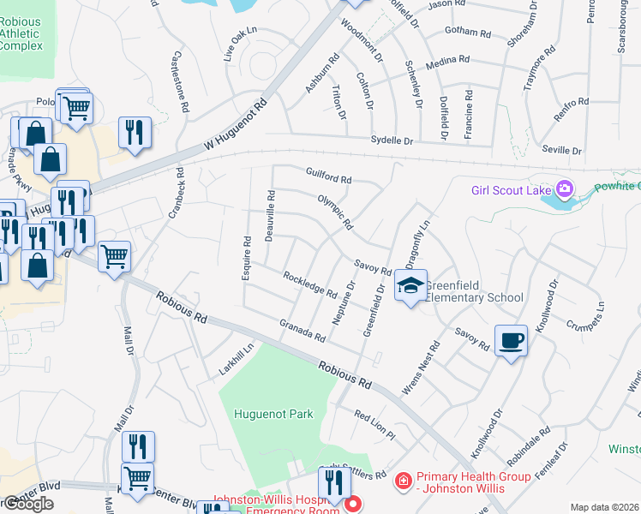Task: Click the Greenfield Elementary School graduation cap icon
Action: pos(410,284)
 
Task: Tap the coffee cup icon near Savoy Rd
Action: pos(511,340)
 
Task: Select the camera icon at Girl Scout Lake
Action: pos(565,188)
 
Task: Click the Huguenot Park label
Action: pos(273,414)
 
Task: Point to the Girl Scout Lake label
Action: pos(512,189)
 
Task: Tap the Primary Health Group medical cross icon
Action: pos(404,481)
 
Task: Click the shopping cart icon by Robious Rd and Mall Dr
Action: pos(114,255)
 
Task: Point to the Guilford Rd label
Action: pos(329,176)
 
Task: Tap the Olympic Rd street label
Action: pos(336,211)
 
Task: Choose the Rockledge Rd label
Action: pos(309,284)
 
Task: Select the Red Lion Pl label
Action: pos(374,424)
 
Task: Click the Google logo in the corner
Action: pos(27,504)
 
